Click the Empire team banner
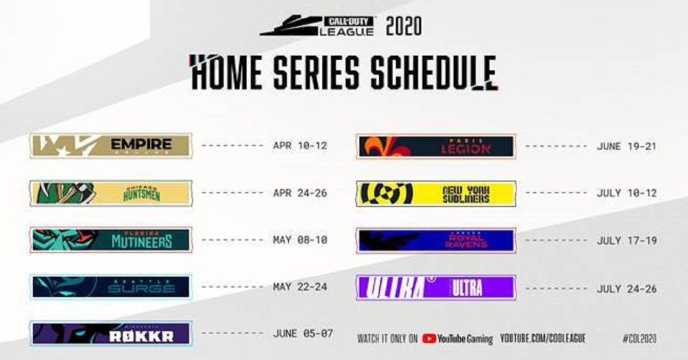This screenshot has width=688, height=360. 111,146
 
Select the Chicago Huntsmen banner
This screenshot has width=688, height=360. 111,193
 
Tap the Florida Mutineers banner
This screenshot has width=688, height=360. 111,240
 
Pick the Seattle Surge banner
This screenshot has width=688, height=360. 111,287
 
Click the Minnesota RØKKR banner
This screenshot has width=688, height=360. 111,334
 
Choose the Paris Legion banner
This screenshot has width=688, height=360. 436,146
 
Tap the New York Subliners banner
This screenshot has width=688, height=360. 436,193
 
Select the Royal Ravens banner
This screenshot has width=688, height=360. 436,240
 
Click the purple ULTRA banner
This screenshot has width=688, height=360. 436,287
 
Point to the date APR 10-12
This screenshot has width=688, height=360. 300,146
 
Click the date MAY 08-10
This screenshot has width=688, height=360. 300,240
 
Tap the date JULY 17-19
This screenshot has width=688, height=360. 626,240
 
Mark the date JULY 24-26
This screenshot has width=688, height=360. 626,288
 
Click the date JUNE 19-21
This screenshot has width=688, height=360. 626,146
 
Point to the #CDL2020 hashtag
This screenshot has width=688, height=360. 639,338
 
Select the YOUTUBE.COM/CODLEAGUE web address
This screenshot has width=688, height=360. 543,338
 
